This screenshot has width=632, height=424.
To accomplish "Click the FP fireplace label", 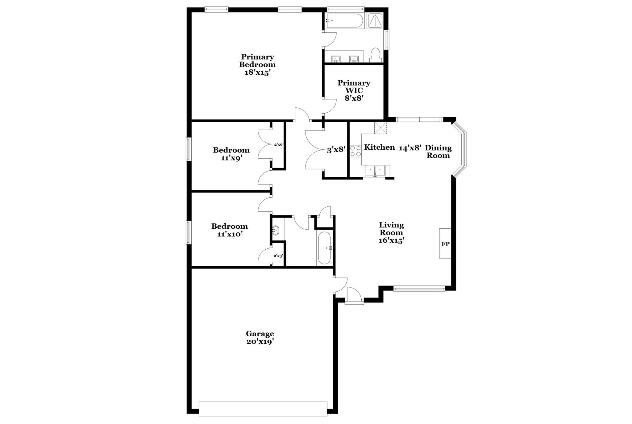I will (445, 244).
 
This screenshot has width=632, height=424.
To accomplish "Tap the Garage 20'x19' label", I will (260, 338).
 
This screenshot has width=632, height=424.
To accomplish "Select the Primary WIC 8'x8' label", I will (354, 90).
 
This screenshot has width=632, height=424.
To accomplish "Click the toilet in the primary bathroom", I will (375, 55).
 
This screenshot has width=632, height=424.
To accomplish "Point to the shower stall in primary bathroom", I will (375, 21).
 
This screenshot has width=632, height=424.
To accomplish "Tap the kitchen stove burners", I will (355, 151).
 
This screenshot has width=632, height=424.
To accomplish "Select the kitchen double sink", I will (375, 171).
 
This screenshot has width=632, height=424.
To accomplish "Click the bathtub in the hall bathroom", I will (324, 248).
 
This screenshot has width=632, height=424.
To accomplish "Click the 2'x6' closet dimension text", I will (278, 144).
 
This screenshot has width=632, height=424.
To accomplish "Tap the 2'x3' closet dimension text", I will (278, 256).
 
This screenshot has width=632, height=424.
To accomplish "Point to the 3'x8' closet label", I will (336, 150).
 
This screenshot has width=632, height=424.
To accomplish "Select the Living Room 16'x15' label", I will (391, 233).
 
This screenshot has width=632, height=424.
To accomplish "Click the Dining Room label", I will (438, 152).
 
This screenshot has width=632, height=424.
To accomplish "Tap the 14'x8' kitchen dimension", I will (410, 148).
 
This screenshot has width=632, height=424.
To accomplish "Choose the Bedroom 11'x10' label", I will (229, 230).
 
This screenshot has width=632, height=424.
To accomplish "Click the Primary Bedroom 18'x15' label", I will (257, 65).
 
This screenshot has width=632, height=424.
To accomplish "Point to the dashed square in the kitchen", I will (380, 128).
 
